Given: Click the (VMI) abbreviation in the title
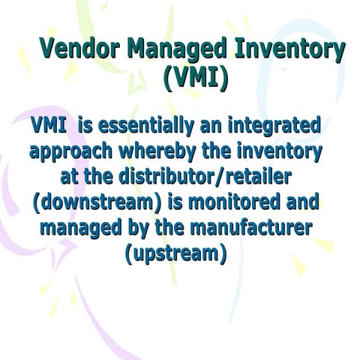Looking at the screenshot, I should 195,78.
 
